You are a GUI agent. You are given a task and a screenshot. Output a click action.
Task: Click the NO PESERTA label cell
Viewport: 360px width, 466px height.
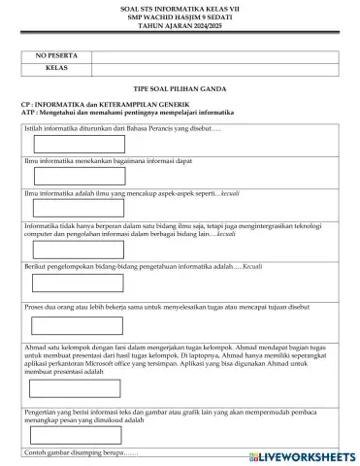coord(54,56)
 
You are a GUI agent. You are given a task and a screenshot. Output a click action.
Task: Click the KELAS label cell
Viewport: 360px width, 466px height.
coord(54,69)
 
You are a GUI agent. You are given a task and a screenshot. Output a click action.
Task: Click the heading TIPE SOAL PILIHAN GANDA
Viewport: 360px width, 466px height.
coord(180,86)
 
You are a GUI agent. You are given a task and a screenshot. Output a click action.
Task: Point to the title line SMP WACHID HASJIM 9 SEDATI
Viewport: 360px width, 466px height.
coord(180,17)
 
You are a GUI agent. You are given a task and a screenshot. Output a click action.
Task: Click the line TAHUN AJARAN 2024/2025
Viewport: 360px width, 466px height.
coord(180,24)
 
